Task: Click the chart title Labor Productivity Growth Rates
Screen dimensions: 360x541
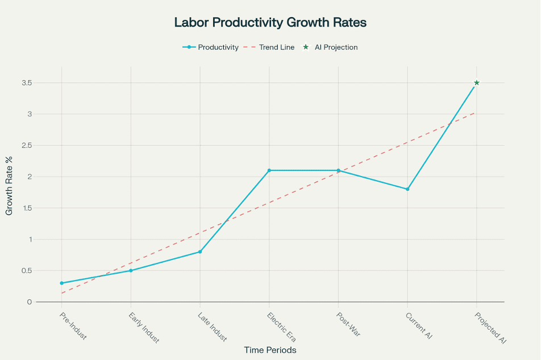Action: pyautogui.click(x=270, y=23)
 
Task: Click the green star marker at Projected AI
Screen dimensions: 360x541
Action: pyautogui.click(x=477, y=83)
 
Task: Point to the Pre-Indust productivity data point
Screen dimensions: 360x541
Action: pyautogui.click(x=61, y=283)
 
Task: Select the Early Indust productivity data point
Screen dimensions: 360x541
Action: pyautogui.click(x=131, y=270)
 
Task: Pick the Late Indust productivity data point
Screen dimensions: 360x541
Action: pyautogui.click(x=200, y=252)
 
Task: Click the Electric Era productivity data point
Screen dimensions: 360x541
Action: pyautogui.click(x=269, y=170)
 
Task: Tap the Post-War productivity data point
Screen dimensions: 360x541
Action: pyautogui.click(x=338, y=170)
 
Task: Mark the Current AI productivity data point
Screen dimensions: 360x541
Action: pyautogui.click(x=407, y=189)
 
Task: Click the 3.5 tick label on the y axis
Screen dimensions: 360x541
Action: pyautogui.click(x=26, y=83)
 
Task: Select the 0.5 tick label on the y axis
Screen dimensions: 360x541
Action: pyautogui.click(x=26, y=270)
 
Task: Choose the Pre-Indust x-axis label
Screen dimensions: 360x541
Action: pyautogui.click(x=73, y=325)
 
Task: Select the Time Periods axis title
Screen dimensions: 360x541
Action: pyautogui.click(x=270, y=350)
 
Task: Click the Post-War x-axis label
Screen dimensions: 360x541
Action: pyautogui.click(x=348, y=324)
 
